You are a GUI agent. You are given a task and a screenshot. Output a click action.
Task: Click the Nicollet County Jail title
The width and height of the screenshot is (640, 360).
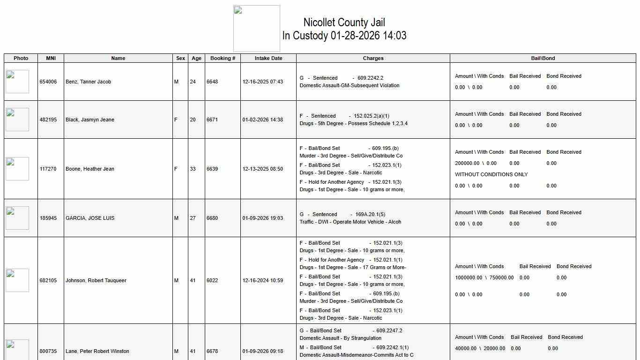click(x=344, y=22)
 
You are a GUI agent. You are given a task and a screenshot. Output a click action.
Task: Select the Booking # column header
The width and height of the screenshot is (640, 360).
click(x=223, y=58)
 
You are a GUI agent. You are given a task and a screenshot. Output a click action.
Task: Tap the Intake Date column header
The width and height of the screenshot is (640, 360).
click(x=268, y=58)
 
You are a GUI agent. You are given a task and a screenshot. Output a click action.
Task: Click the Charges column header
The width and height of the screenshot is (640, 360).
click(x=373, y=58)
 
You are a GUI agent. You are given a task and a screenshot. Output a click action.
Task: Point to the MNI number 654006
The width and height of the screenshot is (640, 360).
click(x=48, y=82)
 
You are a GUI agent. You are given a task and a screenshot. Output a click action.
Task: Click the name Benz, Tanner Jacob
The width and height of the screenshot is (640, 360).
click(x=89, y=82)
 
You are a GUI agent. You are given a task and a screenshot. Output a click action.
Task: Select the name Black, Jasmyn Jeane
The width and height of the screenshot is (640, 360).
click(x=90, y=120)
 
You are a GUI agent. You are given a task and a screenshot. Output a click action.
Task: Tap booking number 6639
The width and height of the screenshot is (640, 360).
click(x=212, y=169)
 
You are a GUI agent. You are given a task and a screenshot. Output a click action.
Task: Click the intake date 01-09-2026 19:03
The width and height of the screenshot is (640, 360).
click(x=263, y=218)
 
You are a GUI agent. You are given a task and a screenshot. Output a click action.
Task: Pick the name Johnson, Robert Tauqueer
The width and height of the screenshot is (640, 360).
click(x=96, y=280)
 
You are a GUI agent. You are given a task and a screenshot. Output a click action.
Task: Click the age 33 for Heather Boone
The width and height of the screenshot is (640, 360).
click(x=193, y=169)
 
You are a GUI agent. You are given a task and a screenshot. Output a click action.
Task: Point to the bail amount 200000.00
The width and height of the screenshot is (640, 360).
click(x=467, y=163)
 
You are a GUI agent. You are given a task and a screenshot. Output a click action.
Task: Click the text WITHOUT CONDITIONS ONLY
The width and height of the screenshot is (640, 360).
click(x=491, y=174)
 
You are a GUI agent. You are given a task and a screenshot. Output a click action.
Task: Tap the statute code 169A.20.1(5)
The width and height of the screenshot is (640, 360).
click(x=370, y=214)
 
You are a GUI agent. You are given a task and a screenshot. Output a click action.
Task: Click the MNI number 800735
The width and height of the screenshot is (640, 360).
click(x=48, y=351)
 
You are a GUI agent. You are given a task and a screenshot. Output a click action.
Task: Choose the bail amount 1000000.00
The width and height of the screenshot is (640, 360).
click(x=469, y=277)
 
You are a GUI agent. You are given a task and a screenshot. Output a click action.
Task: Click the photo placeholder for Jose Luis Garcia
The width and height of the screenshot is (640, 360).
click(x=17, y=218)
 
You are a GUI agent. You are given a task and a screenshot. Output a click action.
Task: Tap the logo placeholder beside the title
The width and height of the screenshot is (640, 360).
click(x=257, y=29)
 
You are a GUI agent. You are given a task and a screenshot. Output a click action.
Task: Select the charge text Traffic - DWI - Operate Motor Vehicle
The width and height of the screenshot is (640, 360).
click(x=350, y=222)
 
